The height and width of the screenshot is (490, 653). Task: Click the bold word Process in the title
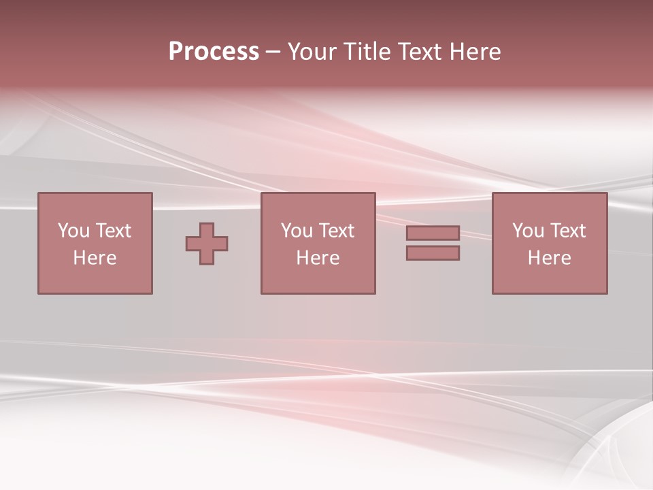[x=214, y=52]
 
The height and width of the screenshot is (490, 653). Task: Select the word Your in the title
[x=314, y=52]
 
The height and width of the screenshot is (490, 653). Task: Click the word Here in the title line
[x=477, y=52]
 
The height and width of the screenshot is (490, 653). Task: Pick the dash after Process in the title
[x=273, y=52]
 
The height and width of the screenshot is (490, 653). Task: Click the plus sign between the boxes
[x=207, y=244]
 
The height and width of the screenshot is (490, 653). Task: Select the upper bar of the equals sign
[x=433, y=233]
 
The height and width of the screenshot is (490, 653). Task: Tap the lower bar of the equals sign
[x=433, y=253]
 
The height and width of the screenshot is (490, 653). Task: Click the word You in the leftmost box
[x=73, y=231]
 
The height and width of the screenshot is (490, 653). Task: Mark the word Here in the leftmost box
[x=95, y=258]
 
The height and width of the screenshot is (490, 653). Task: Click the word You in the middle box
[x=297, y=231]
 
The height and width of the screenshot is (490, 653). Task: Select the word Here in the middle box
[x=318, y=258]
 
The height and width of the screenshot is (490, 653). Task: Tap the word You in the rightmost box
[x=528, y=231]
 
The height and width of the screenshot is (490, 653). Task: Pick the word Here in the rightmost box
[x=549, y=258]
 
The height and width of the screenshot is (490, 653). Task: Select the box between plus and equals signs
[x=318, y=279]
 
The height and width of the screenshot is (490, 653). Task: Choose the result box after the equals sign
[x=549, y=279]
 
